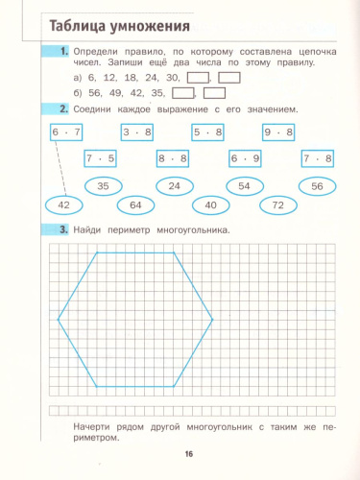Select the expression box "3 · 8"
138,132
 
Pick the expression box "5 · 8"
207,132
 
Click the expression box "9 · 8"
278,132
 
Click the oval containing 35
104,186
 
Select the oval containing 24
174,186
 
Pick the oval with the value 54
244,186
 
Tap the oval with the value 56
317,186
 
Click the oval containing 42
64,204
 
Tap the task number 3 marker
62,230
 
